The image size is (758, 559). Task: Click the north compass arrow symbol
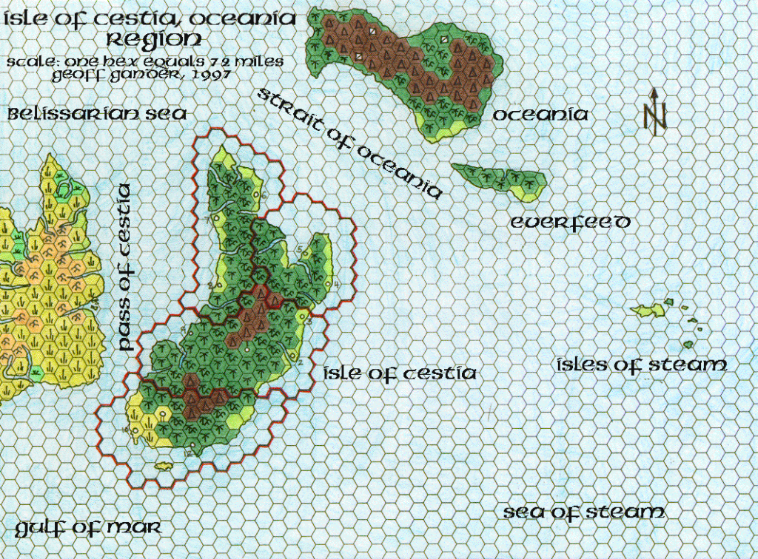tap(655, 111)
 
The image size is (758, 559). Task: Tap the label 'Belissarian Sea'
tap(97, 114)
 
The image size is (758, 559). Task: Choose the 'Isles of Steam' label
tap(641, 365)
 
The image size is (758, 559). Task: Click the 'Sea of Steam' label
tap(584, 512)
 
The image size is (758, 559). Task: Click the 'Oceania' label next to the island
tap(540, 115)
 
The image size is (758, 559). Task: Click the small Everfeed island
tap(500, 180)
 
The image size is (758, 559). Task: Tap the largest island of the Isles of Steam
tap(648, 311)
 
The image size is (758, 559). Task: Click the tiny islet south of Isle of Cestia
tap(164, 466)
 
